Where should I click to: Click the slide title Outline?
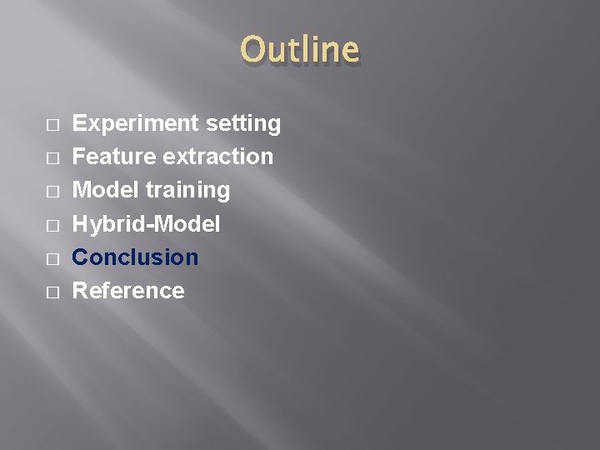click(x=299, y=49)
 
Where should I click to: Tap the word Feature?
click(x=114, y=157)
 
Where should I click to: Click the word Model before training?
click(x=106, y=190)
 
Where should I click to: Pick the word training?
click(x=187, y=191)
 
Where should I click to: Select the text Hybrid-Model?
click(x=146, y=224)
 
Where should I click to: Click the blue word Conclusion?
click(x=135, y=257)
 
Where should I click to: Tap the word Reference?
click(x=128, y=290)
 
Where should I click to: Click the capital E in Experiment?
click(x=80, y=123)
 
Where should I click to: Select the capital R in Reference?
click(x=81, y=290)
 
